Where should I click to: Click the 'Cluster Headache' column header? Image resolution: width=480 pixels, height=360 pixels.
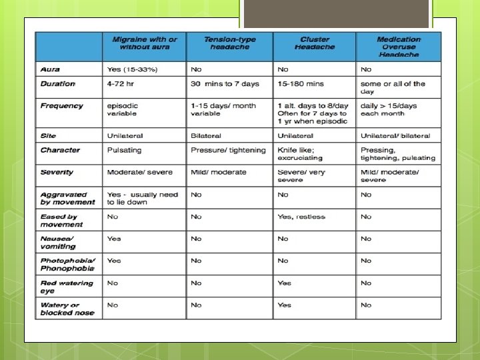click(314, 43)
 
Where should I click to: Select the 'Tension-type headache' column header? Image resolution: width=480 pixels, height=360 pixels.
click(229, 43)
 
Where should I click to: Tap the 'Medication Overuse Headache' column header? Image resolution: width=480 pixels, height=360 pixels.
click(399, 47)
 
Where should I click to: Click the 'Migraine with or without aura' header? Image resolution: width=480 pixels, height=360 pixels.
click(145, 43)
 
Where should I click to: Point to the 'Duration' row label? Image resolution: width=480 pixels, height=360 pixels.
click(58, 84)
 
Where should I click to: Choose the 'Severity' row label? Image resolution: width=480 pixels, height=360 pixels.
click(57, 172)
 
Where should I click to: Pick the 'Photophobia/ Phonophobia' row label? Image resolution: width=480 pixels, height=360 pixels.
click(67, 264)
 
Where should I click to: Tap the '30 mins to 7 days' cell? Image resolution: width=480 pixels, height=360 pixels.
click(225, 84)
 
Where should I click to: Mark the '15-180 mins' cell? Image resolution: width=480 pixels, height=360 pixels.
click(301, 84)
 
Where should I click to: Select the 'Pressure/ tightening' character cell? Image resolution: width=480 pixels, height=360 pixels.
click(228, 150)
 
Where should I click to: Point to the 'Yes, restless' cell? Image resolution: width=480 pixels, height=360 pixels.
click(301, 217)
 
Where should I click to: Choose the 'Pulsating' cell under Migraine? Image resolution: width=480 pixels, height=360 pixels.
click(125, 150)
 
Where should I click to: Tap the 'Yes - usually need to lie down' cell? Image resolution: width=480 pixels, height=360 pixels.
click(142, 198)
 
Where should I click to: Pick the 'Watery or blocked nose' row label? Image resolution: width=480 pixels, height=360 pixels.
click(67, 308)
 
